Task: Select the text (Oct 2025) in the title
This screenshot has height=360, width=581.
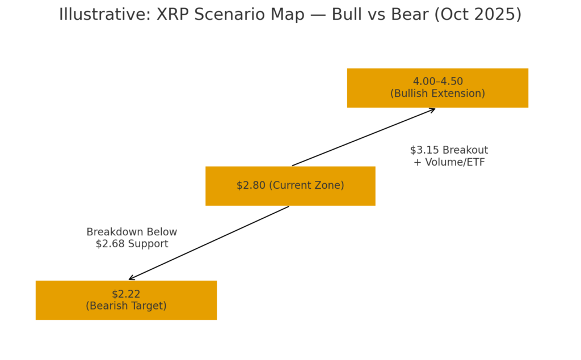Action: point(478,15)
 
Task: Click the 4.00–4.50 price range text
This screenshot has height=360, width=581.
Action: point(437,82)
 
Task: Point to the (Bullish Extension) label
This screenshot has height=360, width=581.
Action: point(437,94)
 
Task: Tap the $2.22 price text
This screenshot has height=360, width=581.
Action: point(126,294)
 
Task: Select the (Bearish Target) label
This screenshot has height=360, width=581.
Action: point(126,306)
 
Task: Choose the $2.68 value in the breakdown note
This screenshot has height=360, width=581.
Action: point(108,244)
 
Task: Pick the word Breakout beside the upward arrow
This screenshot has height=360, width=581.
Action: point(466,150)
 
